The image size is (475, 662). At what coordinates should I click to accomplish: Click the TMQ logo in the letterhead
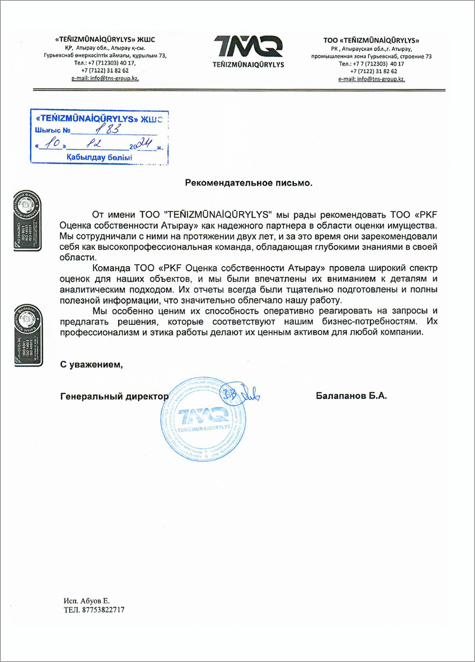[x=248, y=46]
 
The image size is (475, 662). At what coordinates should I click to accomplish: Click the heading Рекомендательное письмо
[x=248, y=183]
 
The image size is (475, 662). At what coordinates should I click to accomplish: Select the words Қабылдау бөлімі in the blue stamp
[x=99, y=158]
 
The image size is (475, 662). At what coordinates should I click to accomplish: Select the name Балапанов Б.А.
[x=351, y=396]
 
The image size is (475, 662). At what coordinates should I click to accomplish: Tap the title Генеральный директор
[x=114, y=397]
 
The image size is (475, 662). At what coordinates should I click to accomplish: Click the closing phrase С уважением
[x=91, y=365]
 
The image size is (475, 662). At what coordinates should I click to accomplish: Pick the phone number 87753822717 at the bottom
[x=103, y=610]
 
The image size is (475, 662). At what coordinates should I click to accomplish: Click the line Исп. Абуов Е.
[x=86, y=601]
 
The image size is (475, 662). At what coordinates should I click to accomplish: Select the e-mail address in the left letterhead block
[x=105, y=78]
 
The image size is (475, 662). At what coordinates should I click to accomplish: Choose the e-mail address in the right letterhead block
[x=371, y=79]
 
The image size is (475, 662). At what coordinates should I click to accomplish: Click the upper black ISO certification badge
[x=27, y=221]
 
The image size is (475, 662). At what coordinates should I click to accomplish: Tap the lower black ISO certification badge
[x=28, y=335]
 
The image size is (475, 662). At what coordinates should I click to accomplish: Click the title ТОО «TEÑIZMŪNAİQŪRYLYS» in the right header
[x=371, y=40]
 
